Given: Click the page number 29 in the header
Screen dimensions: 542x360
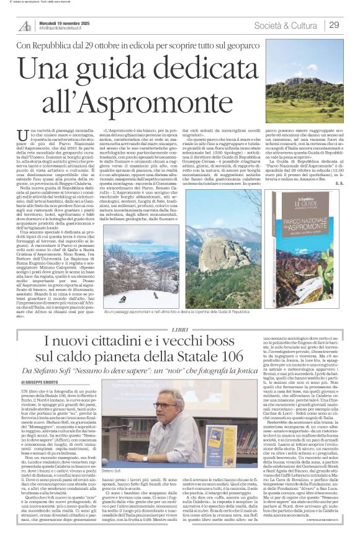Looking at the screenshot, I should [333, 25].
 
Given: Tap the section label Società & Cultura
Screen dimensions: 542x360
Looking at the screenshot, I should [285, 25].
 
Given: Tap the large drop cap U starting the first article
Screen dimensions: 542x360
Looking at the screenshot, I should [24, 135].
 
